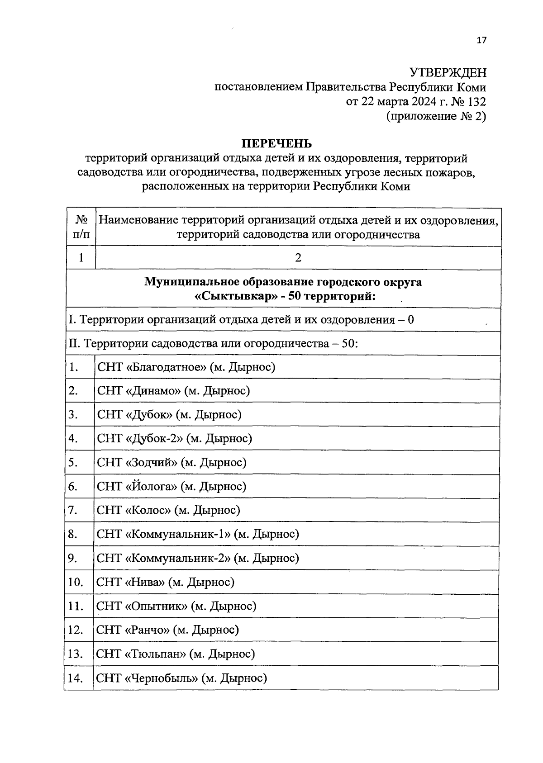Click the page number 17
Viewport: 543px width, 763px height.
click(x=481, y=41)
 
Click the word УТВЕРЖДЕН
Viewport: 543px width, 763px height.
click(x=448, y=72)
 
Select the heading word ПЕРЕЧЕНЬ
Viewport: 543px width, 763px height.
click(x=276, y=144)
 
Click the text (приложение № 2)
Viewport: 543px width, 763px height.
click(x=436, y=116)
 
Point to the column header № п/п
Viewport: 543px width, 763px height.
click(x=81, y=227)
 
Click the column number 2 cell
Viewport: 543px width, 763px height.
click(x=298, y=258)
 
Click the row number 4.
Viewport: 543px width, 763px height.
click(x=73, y=438)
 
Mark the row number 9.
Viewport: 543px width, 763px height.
click(x=73, y=558)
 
